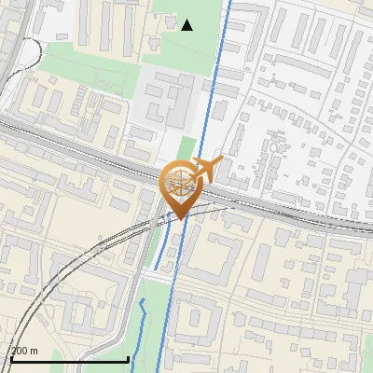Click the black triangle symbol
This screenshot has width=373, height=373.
point(187,24)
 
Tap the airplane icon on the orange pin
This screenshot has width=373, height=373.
point(206,169)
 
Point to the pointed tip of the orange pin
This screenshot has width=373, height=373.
point(180,218)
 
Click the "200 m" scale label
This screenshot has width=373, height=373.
point(24,351)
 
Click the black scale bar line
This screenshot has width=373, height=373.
point(70,359)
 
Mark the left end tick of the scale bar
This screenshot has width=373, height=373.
point(12,356)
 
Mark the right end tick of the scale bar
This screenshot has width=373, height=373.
point(128,356)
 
